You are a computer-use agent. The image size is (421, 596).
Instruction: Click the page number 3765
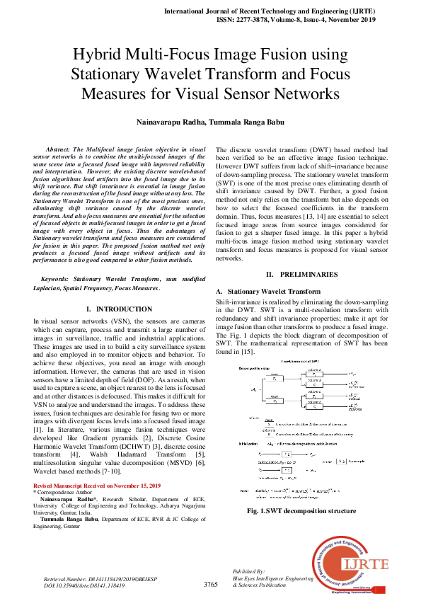coord(210,585)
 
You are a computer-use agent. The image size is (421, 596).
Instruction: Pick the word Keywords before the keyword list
coord(58,280)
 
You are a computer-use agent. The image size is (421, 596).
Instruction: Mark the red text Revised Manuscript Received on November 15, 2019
coord(97,486)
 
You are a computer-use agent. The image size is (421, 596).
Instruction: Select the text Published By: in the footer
coord(248,571)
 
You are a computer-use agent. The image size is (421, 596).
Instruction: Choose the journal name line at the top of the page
coord(292,12)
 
